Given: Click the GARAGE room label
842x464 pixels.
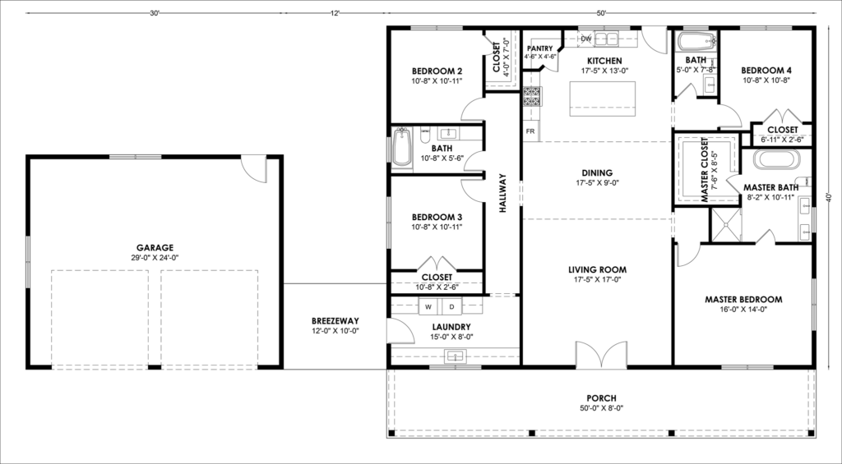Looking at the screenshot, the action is tap(155, 248).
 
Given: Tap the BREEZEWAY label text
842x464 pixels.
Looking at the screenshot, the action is tap(335, 321).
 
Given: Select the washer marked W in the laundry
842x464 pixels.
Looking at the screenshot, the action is tap(428, 307).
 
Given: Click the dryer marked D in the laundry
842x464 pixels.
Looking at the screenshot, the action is tap(451, 307).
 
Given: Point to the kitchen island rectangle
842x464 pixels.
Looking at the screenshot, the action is tap(602, 99).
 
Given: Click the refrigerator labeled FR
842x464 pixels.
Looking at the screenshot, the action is tap(530, 131).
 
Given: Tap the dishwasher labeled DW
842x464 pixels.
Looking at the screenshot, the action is tap(585, 39).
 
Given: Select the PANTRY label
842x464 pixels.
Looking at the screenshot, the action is tap(539, 48).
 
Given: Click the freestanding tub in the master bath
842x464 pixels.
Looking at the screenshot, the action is tap(776, 159).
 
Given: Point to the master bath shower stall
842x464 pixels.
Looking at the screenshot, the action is tap(726, 225).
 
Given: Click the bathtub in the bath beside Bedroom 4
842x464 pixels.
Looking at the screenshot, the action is tap(697, 41).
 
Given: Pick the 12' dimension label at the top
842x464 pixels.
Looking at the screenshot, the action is tap(335, 13).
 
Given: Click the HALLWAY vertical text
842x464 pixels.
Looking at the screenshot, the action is tap(502, 193).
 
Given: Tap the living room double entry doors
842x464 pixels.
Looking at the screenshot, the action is tap(601, 355).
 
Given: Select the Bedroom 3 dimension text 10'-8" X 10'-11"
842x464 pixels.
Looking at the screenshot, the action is tap(437, 227).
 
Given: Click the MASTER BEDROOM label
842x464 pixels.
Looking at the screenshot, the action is tap(743, 299).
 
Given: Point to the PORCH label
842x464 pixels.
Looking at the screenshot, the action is tap(601, 398).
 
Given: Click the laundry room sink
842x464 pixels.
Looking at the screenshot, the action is tap(456, 356).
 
